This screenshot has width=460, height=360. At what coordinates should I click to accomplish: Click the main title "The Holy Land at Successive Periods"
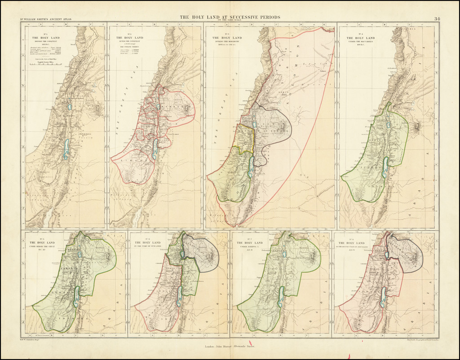pyautogui.click(x=230, y=17)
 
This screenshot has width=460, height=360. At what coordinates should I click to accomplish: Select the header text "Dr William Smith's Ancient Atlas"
pyautogui.click(x=45, y=19)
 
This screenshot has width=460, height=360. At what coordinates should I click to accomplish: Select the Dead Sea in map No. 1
pyautogui.click(x=66, y=149)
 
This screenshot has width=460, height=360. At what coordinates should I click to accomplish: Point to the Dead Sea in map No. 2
pyautogui.click(x=155, y=149)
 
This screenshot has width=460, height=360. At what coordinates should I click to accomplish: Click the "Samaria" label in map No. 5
pyautogui.click(x=67, y=268)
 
